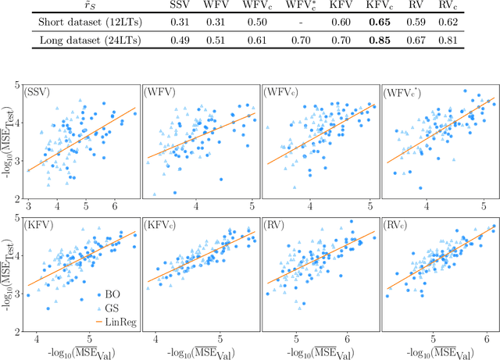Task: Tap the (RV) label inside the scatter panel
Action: [x=277, y=225]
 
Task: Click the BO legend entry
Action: [x=102, y=294]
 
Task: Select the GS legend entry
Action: [x=102, y=308]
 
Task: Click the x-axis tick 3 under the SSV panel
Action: [x=28, y=205]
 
